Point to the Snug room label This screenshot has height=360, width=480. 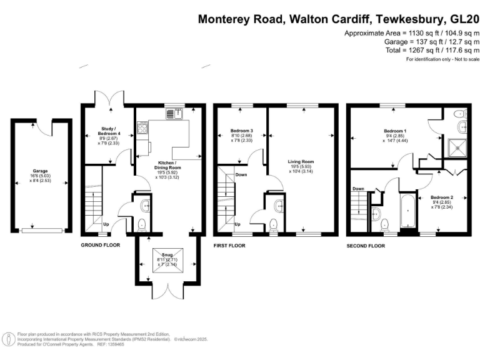click(167, 255)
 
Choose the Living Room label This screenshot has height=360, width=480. click(301, 162)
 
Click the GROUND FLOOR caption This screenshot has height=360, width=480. click(101, 246)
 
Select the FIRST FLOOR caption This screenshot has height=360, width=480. click(229, 246)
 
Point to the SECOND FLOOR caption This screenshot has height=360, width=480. click(366, 246)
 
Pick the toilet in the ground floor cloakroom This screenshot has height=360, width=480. click(142, 224)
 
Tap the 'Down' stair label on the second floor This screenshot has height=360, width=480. click(358, 189)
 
